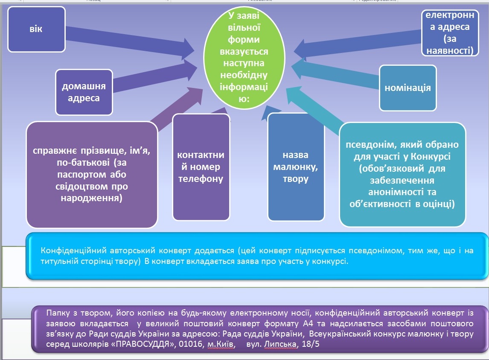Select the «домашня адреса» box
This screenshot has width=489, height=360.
coord(84,92)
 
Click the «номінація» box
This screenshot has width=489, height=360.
coord(407,88)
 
